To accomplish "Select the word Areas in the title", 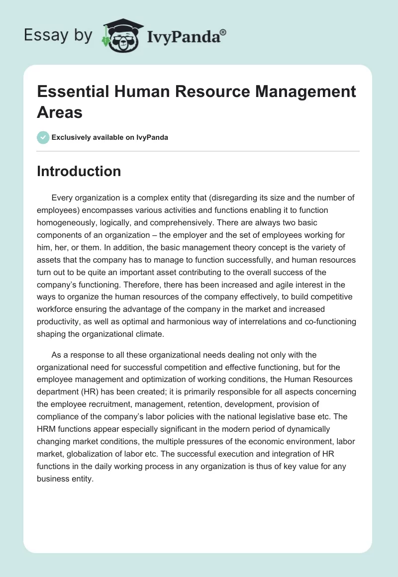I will pos(59,112).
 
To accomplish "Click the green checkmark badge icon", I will pos(43,137).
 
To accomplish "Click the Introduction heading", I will pos(79,171).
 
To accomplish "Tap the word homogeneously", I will pos(72,223).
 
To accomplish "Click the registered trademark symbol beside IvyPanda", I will pos(223,32).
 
